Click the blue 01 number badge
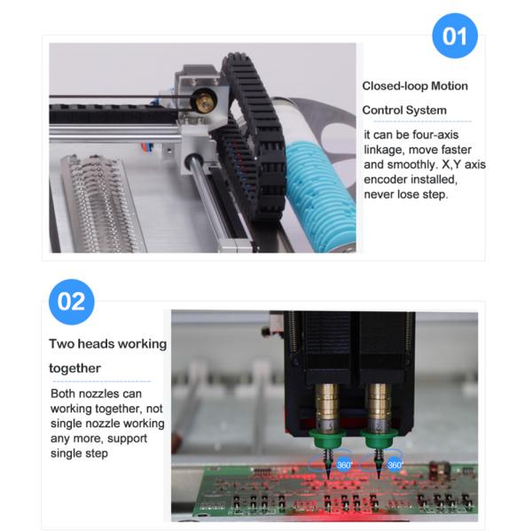(x=455, y=37)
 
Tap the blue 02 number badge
(x=71, y=301)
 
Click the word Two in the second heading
(x=62, y=344)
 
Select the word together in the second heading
(x=74, y=368)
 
